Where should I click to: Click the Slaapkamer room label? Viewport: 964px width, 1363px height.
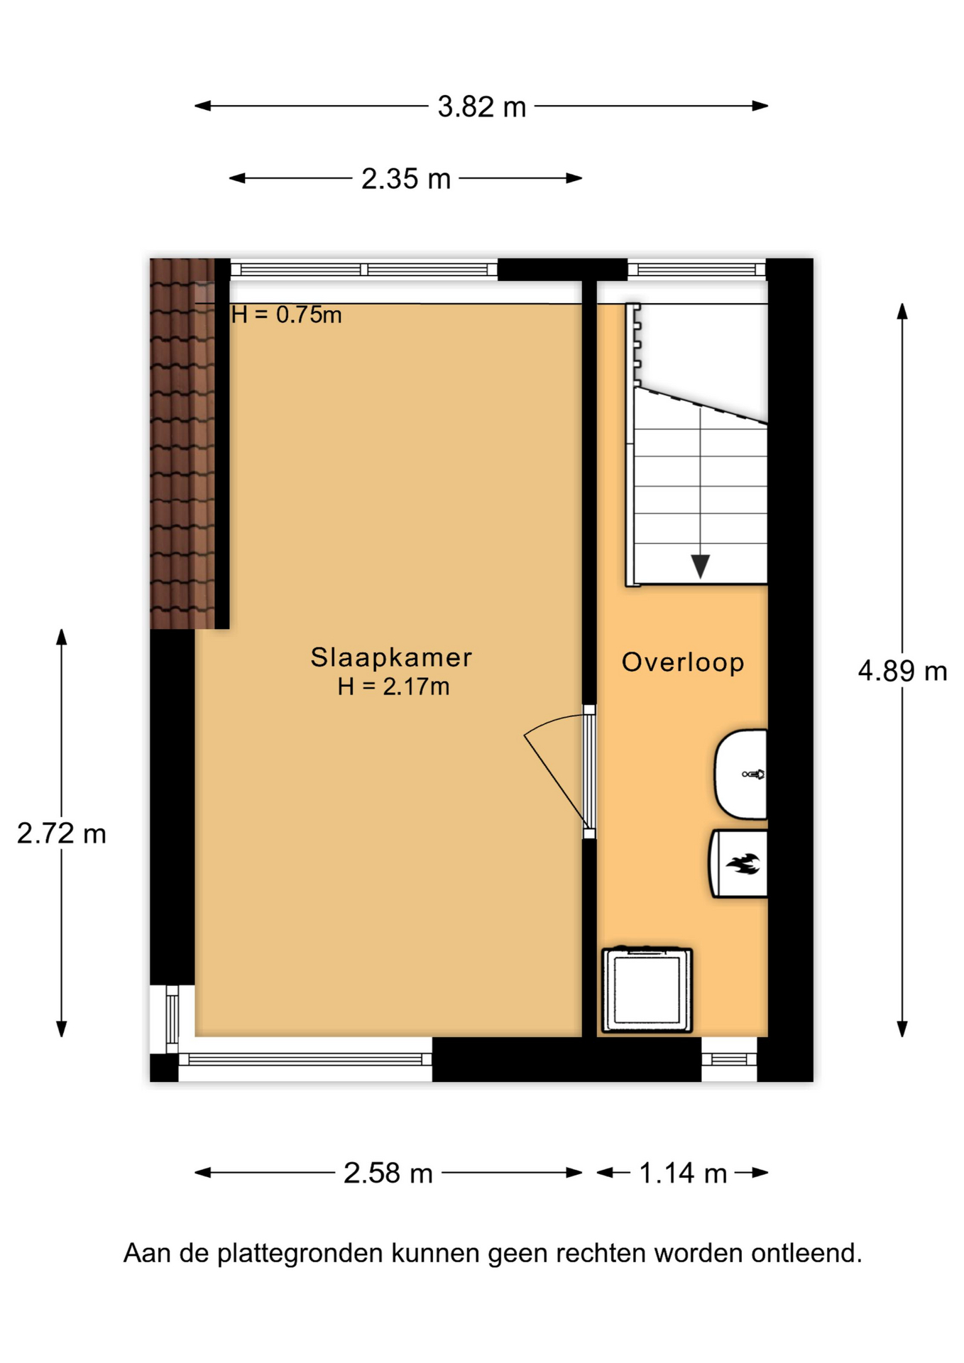(x=391, y=657)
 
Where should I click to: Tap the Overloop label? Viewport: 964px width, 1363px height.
(x=683, y=662)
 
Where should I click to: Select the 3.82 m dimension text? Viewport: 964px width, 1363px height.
(x=482, y=107)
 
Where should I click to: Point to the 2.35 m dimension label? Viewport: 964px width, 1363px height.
(x=406, y=179)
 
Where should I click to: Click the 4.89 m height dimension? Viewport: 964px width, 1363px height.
(x=902, y=671)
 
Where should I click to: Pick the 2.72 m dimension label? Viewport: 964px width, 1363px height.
(x=62, y=833)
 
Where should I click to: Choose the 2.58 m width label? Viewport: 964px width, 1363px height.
(x=388, y=1173)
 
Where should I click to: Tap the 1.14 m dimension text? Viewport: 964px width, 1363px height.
(x=683, y=1173)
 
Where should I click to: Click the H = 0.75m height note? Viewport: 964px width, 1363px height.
(x=287, y=314)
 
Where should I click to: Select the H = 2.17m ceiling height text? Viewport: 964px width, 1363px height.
(x=393, y=686)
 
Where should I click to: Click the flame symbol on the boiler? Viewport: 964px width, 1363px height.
(x=743, y=864)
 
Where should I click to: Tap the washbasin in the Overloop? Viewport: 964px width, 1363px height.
(x=740, y=774)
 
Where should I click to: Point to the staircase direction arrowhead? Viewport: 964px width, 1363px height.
(x=701, y=566)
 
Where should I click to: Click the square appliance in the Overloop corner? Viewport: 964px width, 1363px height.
(x=647, y=990)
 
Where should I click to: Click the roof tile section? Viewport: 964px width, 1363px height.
(x=182, y=444)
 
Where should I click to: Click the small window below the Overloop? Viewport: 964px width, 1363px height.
(x=729, y=1060)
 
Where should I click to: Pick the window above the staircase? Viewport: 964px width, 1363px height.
(x=696, y=270)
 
